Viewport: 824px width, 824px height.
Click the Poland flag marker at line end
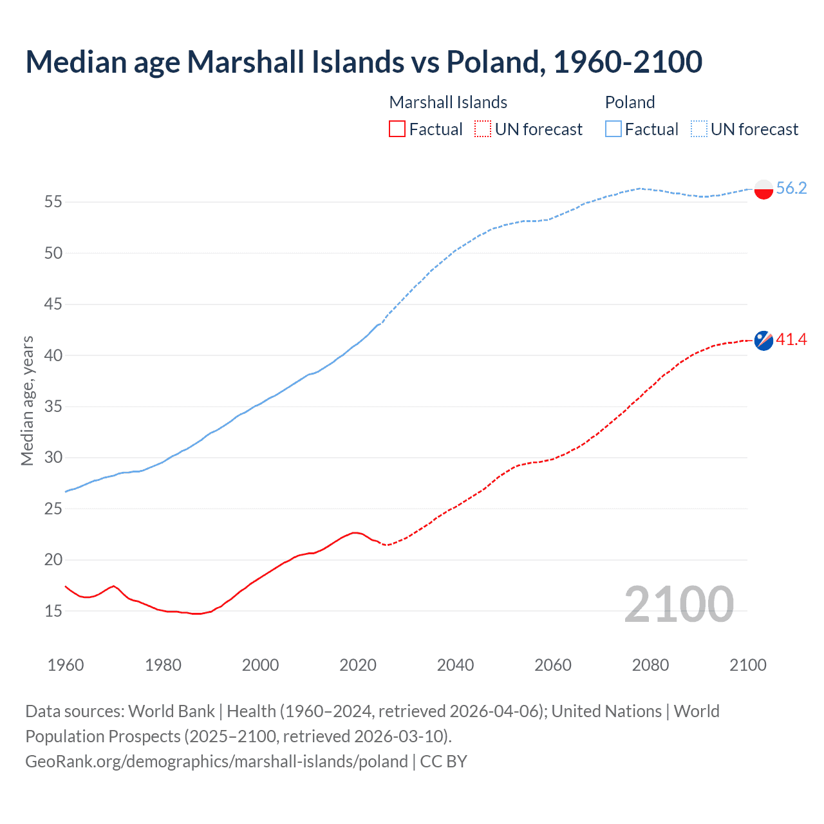coord(763,189)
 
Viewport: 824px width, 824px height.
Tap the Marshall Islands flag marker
coord(763,340)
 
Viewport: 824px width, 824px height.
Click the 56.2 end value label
coord(791,188)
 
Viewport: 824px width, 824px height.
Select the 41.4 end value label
coord(791,339)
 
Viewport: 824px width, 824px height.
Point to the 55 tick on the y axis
coord(53,202)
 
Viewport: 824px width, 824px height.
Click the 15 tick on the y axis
coord(53,611)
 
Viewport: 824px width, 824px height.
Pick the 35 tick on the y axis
coord(53,407)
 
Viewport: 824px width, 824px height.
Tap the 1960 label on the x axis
coord(66,665)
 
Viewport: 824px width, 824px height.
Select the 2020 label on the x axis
coord(358,665)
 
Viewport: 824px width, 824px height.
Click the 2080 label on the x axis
coord(650,665)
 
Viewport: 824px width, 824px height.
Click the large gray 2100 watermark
coord(679,604)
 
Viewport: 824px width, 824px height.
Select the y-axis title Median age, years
coord(27,400)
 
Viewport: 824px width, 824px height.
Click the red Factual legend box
coord(397,129)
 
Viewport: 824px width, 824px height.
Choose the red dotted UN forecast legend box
coord(483,129)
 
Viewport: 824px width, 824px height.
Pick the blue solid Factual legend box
coord(613,129)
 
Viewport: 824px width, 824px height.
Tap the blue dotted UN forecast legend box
coord(699,129)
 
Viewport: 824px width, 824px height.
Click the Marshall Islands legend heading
coord(448,102)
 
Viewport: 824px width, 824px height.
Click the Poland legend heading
coord(630,102)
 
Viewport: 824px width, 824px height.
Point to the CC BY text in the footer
coord(444,762)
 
